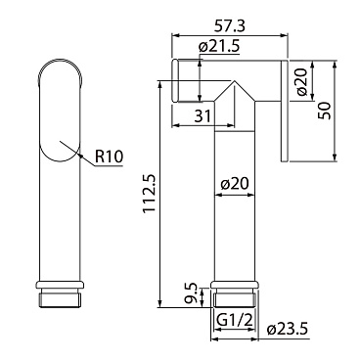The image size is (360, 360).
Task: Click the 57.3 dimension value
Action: (230, 26)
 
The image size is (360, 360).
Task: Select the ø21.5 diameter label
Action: (219, 47)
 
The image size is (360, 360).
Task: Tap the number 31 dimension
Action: (202, 115)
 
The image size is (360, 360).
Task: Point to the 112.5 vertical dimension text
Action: (150, 194)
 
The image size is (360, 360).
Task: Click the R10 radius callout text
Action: (110, 157)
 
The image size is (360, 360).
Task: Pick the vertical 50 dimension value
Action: (325, 111)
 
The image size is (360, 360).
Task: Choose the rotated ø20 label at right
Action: (301, 81)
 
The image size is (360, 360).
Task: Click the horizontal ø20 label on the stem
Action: (234, 184)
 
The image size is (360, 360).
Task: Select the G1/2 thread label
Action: (235, 321)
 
